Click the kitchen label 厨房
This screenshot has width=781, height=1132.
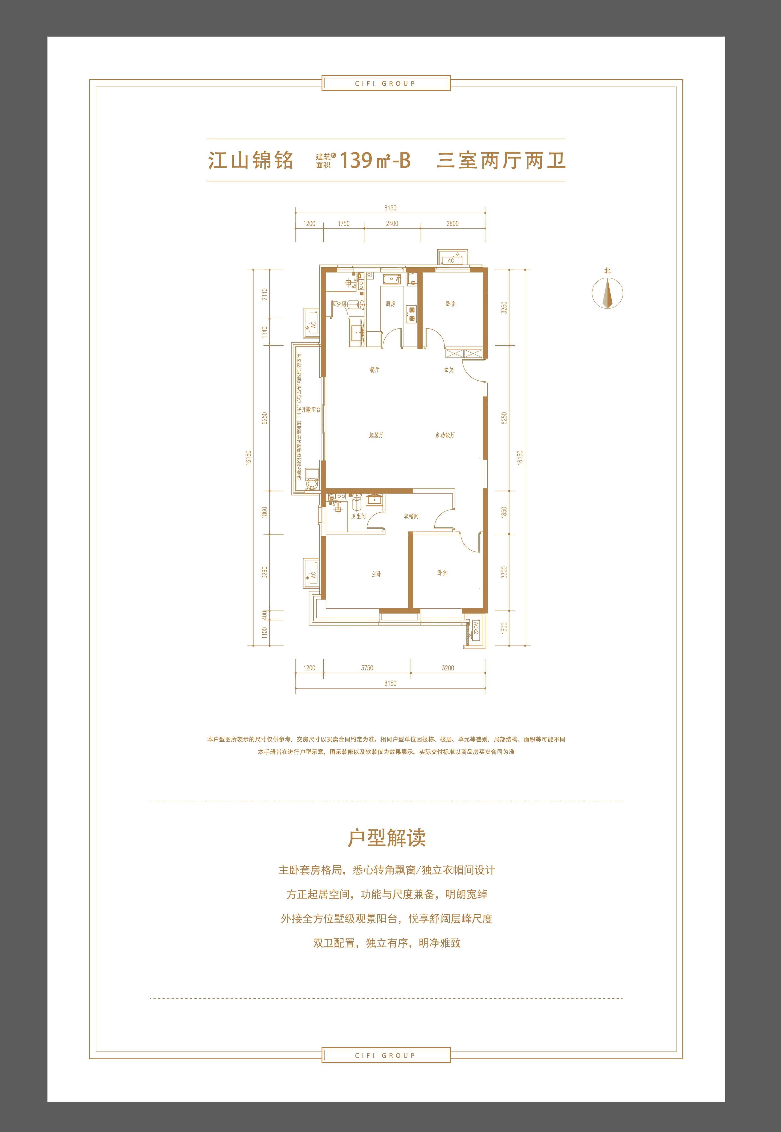[x=390, y=304]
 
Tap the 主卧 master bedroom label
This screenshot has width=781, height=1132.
[x=376, y=574]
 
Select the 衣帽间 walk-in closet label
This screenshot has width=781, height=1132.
[x=411, y=516]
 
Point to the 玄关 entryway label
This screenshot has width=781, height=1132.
[x=449, y=370]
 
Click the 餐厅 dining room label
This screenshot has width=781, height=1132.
[x=374, y=370]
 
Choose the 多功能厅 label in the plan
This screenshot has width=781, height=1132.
[x=445, y=435]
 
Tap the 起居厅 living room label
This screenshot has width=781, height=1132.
[x=376, y=435]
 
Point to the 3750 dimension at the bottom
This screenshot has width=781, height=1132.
[x=367, y=668]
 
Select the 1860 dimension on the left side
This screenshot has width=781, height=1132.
[x=265, y=513]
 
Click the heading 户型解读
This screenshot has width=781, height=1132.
[x=387, y=838]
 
